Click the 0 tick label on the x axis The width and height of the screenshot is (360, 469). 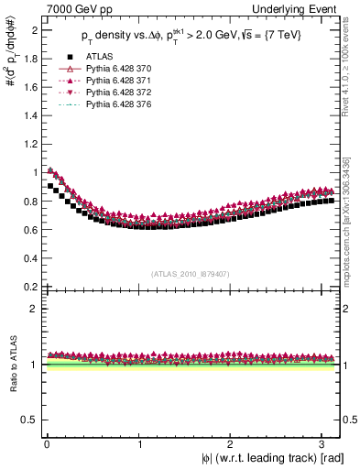46,444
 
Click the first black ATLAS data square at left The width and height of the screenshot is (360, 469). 49,187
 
